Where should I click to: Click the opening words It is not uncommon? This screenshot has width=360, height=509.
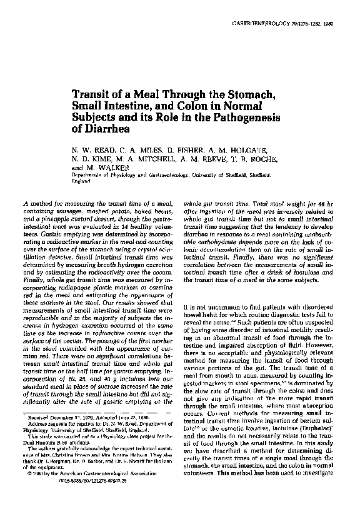210,307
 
